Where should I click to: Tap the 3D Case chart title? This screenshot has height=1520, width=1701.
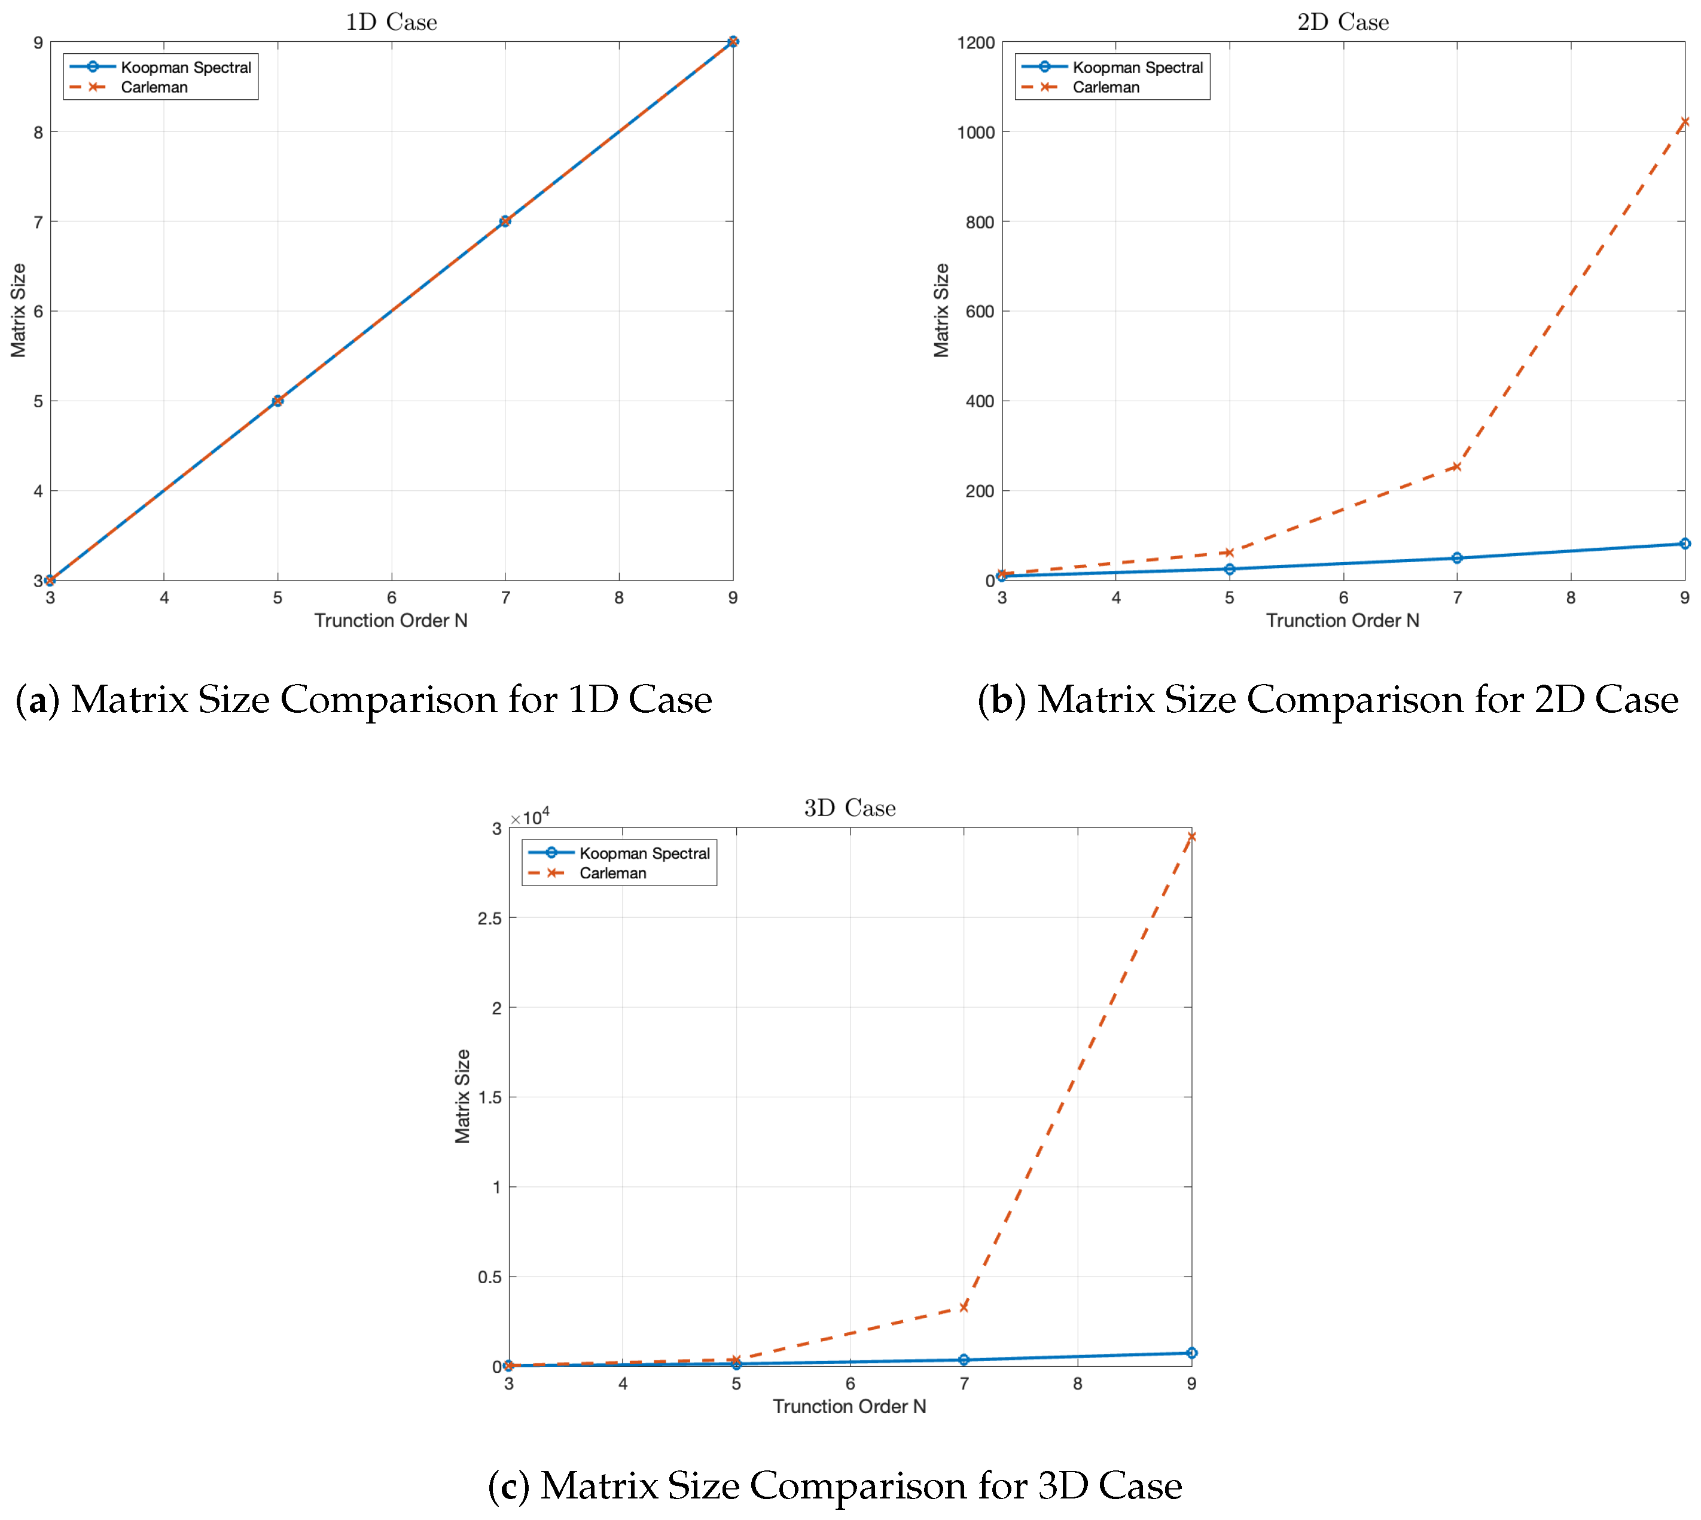850,808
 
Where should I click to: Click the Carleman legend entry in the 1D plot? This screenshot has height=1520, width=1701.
154,87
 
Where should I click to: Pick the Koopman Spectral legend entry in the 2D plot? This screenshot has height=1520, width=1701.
1137,67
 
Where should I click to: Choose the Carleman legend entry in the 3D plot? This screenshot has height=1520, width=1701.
612,873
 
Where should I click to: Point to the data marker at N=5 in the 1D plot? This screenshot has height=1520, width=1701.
278,401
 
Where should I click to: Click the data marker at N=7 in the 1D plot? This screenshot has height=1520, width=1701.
505,221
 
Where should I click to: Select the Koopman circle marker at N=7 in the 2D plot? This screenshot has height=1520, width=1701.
1456,558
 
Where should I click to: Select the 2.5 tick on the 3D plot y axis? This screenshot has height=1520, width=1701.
490,918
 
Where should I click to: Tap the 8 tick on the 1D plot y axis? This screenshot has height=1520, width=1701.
38,132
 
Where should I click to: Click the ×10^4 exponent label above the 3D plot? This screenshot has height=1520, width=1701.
530,816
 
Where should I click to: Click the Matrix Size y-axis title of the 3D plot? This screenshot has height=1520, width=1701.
462,1095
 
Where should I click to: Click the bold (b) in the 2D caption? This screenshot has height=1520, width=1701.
1001,700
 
